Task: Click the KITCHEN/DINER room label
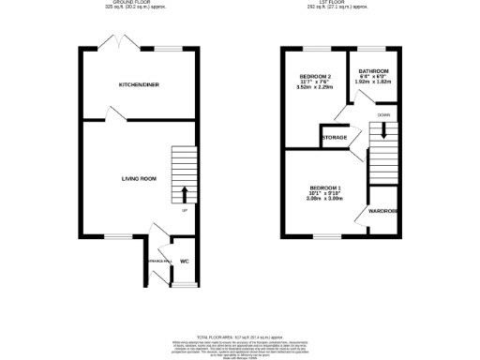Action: pos(138,84)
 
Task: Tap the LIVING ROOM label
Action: pos(138,177)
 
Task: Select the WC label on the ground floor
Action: pos(184,262)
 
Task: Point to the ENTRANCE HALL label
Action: pos(154,260)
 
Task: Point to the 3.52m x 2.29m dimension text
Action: pos(316,88)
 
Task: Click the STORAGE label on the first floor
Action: pos(335,138)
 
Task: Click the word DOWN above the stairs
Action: pos(383,114)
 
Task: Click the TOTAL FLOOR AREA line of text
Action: pos(240,335)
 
